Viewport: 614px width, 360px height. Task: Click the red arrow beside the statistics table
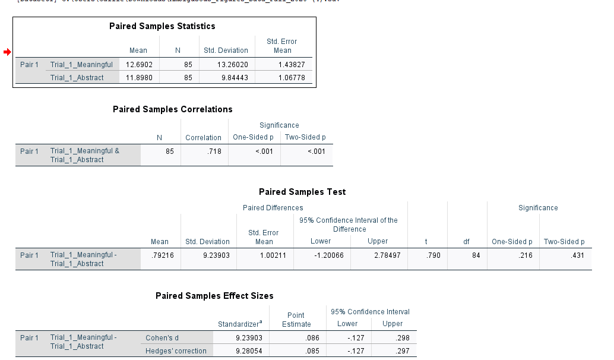(7, 52)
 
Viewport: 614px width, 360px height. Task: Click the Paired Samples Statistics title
(162, 26)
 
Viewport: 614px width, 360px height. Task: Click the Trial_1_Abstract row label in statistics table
(77, 78)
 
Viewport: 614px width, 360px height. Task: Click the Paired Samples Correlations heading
(172, 109)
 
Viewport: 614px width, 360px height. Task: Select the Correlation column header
(203, 138)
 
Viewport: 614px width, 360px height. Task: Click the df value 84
(475, 255)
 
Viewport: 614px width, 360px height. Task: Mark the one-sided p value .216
(524, 255)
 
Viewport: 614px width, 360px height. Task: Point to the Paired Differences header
(273, 208)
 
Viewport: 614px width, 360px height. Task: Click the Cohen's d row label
(162, 338)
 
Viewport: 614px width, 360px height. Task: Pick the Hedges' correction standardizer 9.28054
(244, 351)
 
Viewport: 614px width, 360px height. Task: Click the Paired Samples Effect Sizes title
(214, 296)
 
